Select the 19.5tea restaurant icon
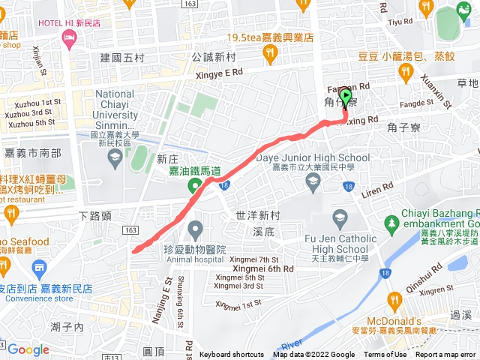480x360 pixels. tap(270, 52)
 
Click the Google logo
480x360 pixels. tap(28, 349)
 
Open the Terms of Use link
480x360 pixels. tap(385, 355)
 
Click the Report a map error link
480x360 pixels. tap(447, 355)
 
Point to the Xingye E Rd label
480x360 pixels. tap(217, 72)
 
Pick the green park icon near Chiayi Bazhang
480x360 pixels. tap(390, 223)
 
